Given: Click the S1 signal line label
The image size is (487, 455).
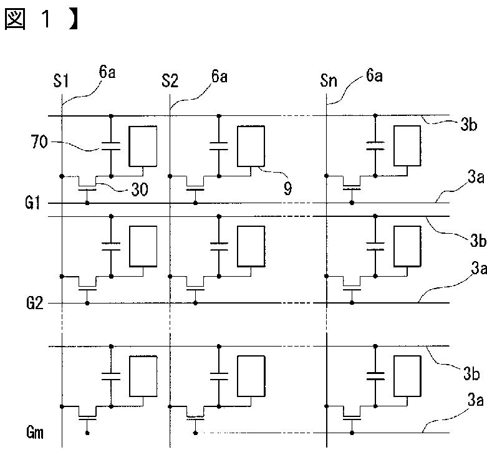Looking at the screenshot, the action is point(61,81).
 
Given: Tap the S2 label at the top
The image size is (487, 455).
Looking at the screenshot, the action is point(170,81).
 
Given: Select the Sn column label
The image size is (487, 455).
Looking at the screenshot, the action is point(329,80).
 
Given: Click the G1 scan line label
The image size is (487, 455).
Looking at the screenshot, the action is point(33,203).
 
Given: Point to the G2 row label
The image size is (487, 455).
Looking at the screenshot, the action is point(35,303).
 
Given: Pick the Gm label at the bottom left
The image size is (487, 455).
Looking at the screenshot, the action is point(35,433).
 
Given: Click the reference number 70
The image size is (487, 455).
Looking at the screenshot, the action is point(39,142).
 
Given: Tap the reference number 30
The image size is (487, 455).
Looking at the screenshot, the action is point(140,189).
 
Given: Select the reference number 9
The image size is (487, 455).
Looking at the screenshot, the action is point(288,188).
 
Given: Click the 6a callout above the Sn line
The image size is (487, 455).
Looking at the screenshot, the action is point(374,75).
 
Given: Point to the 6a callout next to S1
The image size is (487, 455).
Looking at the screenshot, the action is point(107,72).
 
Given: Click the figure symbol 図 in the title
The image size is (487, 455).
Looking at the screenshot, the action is point(15,19).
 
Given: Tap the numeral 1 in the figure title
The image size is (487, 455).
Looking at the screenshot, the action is point(46,19).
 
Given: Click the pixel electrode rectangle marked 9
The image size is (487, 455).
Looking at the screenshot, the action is point(251,146).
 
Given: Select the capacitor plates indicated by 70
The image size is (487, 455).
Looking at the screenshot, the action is point(111,146).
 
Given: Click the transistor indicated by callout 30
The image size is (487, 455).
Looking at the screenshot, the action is point(87,185).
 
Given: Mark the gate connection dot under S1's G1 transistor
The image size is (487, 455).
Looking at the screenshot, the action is point(87,203).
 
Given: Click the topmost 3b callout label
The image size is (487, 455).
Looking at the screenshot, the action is point(468,125).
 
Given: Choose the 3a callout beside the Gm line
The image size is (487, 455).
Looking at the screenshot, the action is point(476,400).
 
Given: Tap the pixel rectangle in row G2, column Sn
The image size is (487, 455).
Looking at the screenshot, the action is point(407,246).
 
